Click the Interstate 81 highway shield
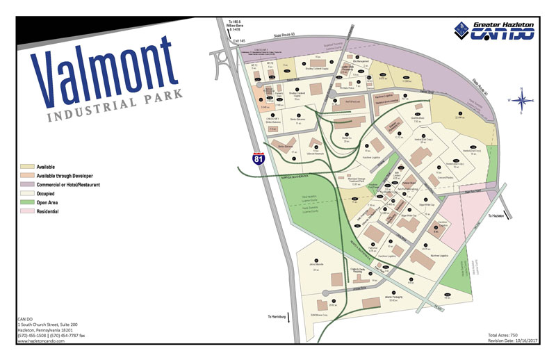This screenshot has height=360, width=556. coord(258,159)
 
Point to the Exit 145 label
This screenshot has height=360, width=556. coord(240,42)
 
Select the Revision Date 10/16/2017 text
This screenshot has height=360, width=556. coord(509,341)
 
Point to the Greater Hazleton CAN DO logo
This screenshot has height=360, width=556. coord(493,30)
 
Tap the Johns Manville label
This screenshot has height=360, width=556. coord(318,264)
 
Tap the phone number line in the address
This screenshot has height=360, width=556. coord(52,336)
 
